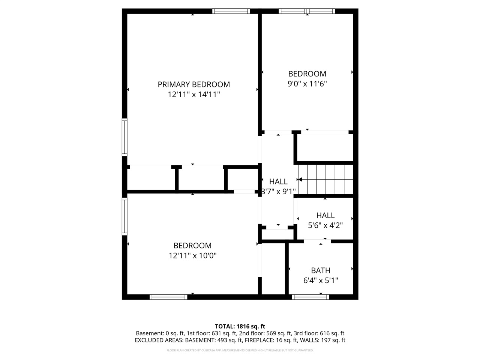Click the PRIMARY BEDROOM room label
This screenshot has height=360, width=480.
pos(193,84)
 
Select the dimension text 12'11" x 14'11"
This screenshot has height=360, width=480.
pos(193,95)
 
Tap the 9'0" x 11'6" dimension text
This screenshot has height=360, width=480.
pos(307,84)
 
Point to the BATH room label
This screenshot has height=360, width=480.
pos(321,270)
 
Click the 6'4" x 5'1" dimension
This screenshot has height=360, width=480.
pos(321,280)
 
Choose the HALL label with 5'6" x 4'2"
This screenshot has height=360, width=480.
pos(325,215)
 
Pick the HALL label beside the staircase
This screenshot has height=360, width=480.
pos(278,181)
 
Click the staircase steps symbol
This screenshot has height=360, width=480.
pos(325,180)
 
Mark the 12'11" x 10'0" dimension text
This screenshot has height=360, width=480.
pos(193,256)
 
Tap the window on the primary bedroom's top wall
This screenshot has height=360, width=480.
pos(231,11)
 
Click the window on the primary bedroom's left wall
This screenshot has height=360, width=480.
pos(124,137)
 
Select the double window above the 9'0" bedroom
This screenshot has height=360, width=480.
pos(307,11)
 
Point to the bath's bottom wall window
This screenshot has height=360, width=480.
pos(310,297)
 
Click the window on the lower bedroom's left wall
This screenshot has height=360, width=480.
pos(124,216)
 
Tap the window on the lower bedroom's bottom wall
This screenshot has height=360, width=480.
pos(168,297)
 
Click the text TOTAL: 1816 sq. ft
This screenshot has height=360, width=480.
pos(240,326)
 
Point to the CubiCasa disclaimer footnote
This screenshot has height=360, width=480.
pos(240,351)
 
